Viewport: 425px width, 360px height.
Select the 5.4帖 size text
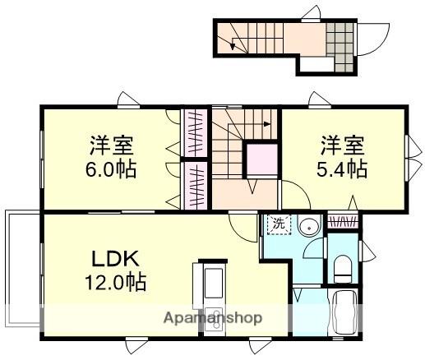(343, 170)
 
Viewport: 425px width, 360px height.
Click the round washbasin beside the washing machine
(310, 227)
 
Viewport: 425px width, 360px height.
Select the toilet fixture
(344, 265)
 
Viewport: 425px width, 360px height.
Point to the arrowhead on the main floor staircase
(267, 126)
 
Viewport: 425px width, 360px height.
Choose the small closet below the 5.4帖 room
(343, 221)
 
